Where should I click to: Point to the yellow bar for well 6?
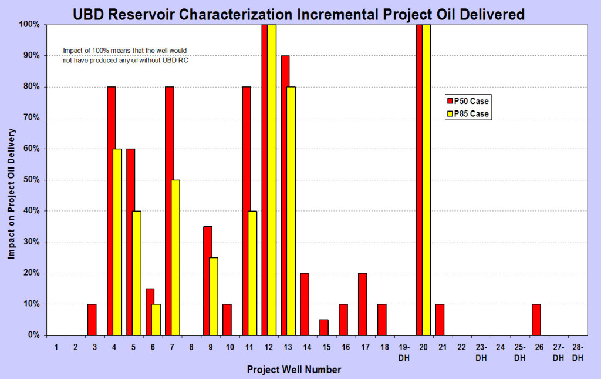tap(156, 320)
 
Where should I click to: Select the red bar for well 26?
tap(536, 320)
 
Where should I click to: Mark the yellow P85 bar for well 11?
tap(252, 273)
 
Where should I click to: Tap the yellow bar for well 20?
tap(426, 179)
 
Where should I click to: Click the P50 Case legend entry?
tap(467, 101)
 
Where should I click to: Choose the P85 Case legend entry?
tap(467, 114)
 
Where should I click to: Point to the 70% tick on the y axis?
tap(31, 118)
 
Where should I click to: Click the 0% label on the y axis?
tap(33, 335)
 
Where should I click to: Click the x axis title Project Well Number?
tap(293, 370)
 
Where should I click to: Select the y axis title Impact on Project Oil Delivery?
tap(11, 179)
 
